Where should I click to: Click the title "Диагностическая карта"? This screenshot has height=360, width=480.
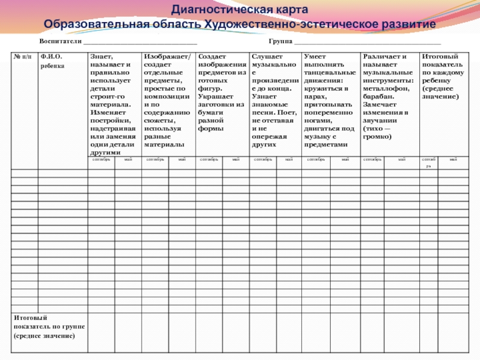[240, 10]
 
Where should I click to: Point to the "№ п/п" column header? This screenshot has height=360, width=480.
[22, 57]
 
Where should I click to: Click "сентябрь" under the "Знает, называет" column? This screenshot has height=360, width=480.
[101, 160]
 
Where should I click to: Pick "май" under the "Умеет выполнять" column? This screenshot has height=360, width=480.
[345, 160]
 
